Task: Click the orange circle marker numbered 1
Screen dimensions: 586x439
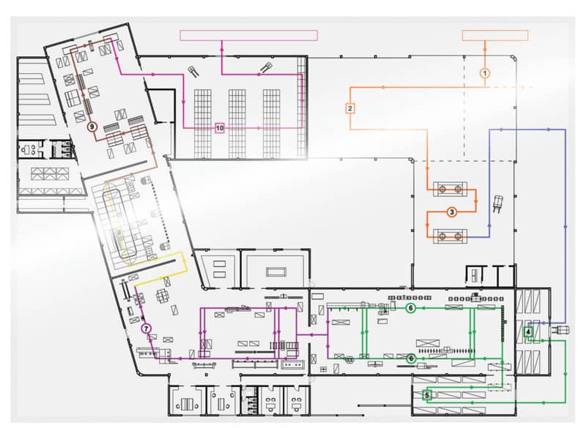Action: [485, 73]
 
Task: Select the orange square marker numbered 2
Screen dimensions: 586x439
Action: [350, 108]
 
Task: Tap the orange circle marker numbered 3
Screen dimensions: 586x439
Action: [452, 212]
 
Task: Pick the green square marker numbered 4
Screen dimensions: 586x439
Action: [528, 331]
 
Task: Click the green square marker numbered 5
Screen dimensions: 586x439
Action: [427, 395]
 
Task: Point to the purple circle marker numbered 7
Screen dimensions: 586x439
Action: [146, 329]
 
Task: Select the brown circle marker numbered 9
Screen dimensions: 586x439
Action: [92, 127]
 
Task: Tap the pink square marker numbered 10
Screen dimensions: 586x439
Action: [220, 128]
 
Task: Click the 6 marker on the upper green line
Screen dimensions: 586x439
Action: [411, 308]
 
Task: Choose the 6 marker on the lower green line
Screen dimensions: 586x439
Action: [411, 359]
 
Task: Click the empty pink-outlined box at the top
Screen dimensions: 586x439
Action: [249, 35]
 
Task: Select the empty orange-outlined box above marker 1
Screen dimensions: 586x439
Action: [495, 35]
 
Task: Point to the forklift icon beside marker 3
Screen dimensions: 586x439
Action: [498, 203]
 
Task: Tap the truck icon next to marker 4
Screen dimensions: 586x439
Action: [560, 330]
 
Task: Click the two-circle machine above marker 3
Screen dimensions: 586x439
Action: [450, 190]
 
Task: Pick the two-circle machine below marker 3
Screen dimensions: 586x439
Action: [450, 236]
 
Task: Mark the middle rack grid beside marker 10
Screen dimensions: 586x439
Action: [237, 124]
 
